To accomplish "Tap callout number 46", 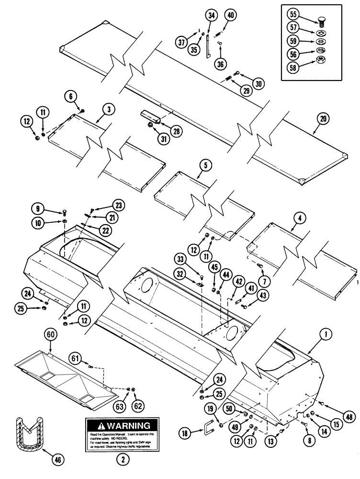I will pos(56,460).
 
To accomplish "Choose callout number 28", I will pos(164,131).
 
